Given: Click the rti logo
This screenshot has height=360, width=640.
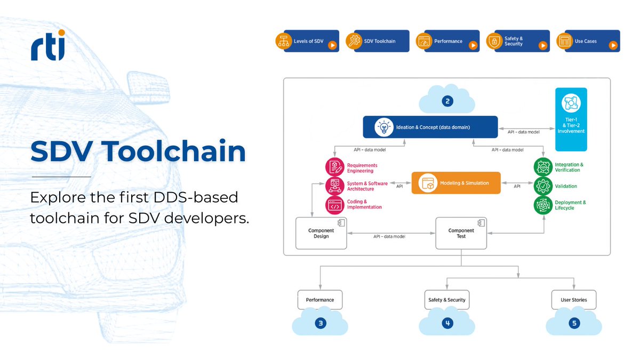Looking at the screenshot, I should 48,45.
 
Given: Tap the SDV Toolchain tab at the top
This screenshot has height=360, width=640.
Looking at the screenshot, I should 378,41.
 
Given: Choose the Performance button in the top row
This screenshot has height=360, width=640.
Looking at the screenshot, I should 448,41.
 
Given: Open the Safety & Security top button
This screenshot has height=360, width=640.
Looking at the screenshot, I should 518,41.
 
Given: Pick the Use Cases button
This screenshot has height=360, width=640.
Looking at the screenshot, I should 588,41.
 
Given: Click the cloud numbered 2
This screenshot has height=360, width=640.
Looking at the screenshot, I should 447,101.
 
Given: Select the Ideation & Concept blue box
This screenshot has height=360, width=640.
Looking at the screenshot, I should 430,127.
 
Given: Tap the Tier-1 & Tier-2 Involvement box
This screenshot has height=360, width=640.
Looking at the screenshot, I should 571,119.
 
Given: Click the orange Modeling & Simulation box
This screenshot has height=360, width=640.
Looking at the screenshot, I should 457,183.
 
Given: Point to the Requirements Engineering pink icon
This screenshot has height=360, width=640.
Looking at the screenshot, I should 334,168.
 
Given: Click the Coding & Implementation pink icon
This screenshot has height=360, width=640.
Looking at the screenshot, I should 334,205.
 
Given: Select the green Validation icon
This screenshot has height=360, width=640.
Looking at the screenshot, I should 543,186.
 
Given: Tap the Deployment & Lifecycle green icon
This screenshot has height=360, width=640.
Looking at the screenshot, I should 543,205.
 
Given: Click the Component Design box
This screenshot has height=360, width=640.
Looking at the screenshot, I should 321,234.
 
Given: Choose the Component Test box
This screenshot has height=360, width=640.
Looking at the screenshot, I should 461,234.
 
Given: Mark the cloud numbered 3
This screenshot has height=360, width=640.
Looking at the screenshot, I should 320,323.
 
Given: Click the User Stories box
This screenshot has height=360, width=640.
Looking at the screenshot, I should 573,300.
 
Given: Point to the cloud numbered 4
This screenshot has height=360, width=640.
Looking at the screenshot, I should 447,323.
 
